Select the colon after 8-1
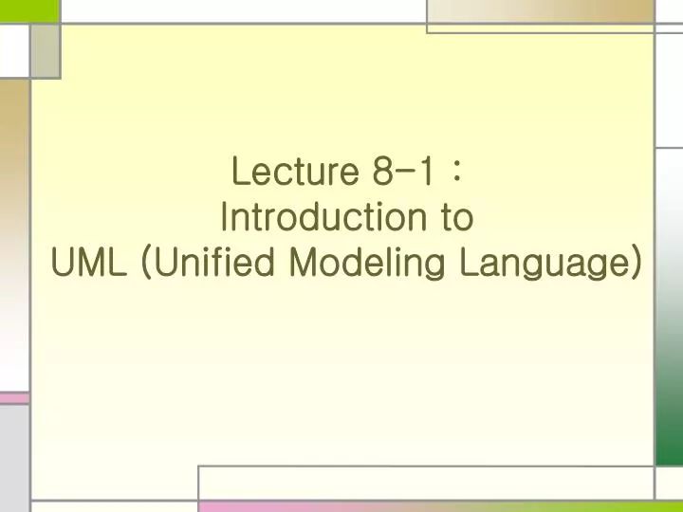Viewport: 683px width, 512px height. click(458, 174)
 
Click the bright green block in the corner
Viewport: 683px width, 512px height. click(29, 10)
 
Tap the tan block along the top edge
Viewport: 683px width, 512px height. click(540, 10)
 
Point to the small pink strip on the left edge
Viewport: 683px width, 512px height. click(14, 398)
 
